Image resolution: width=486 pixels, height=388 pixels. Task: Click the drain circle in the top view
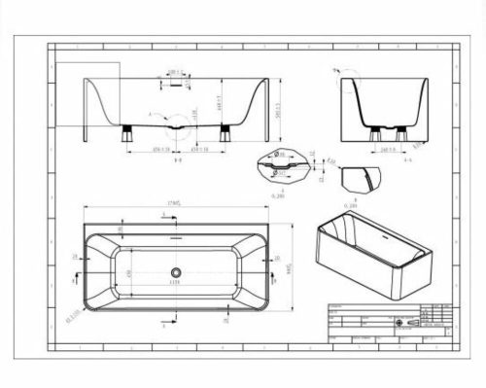pos(176,272)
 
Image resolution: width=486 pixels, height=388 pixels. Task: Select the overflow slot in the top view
pos(176,236)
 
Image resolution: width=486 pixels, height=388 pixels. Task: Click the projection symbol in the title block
pos(409,319)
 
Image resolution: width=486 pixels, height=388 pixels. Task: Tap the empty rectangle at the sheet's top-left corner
pos(87,93)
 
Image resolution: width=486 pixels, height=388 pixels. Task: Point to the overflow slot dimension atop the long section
pos(175,71)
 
